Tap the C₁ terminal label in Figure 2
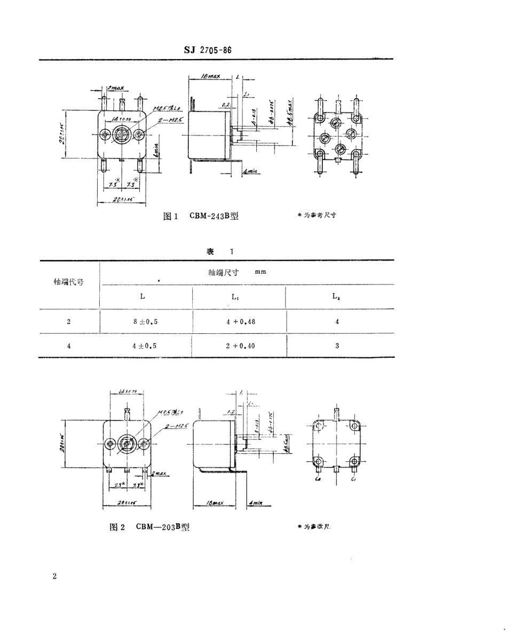point(353,480)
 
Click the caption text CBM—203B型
point(163,527)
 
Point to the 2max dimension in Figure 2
point(156,473)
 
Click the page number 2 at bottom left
point(55,577)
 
